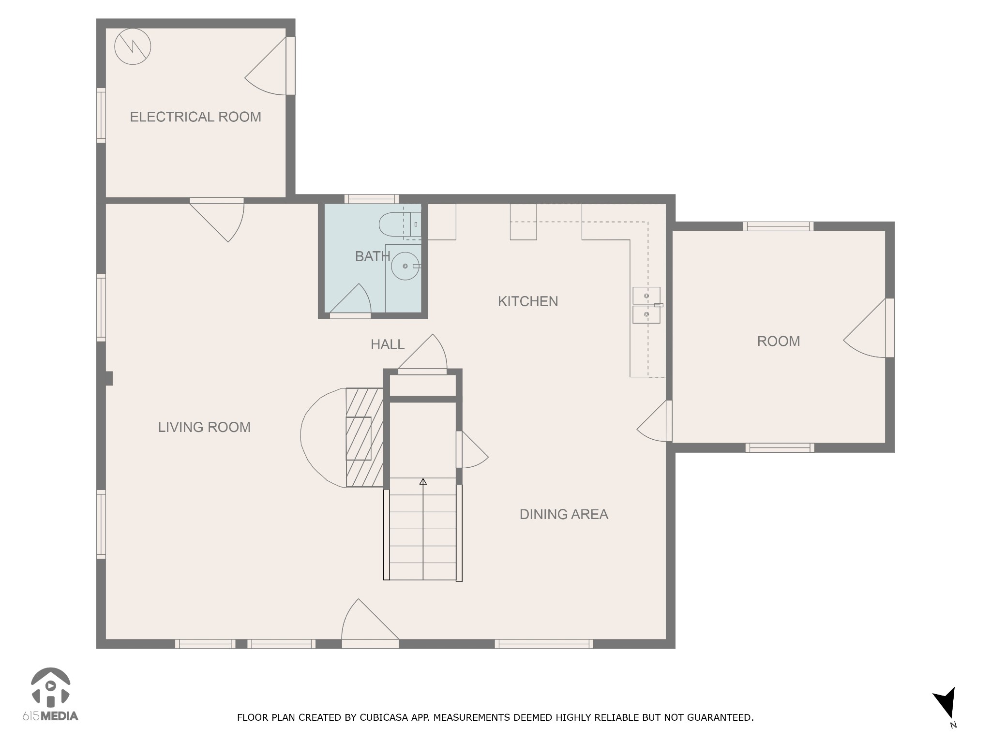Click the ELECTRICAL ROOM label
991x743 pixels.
195,117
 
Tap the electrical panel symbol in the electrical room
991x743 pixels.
133,47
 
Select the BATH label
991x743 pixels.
373,256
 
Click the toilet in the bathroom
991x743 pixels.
400,225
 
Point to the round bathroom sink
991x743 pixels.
405,266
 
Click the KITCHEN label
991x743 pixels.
528,302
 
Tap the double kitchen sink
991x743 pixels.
646,305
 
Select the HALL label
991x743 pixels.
388,345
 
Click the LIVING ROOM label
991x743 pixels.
204,427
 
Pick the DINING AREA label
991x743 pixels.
564,514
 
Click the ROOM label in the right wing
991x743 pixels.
779,342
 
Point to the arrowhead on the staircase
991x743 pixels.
423,481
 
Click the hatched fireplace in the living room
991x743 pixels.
364,437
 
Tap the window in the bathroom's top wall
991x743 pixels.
372,199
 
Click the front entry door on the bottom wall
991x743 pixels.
370,624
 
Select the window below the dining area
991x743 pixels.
544,644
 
